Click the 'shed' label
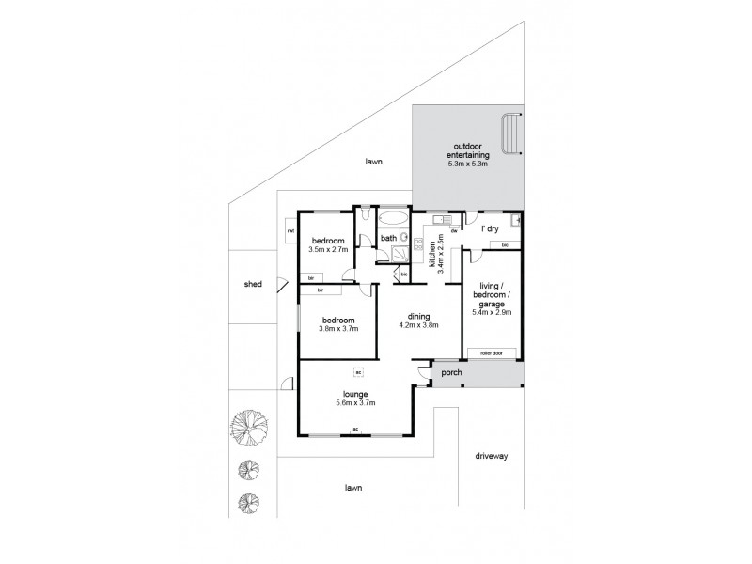[252, 284]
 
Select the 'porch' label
[452, 371]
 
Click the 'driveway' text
[490, 456]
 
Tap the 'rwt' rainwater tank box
[290, 231]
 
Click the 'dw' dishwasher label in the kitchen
[453, 230]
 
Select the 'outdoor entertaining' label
[467, 151]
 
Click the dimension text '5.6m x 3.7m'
[355, 403]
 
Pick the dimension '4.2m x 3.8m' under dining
[418, 327]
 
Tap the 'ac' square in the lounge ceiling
[357, 370]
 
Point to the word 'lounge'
[355, 394]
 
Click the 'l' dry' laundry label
[489, 229]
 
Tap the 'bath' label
[388, 238]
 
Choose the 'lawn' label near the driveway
[353, 488]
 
